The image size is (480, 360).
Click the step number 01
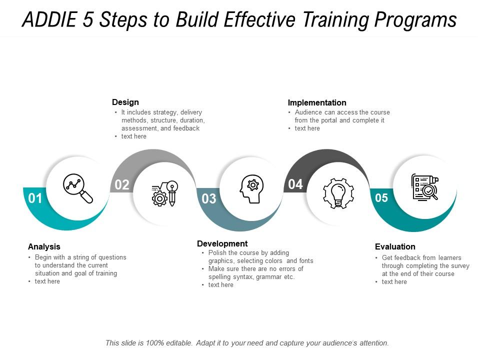tap(35, 198)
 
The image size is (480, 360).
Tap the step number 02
tap(122, 184)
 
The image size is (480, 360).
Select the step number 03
tap(209, 198)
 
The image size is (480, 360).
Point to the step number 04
tap(295, 184)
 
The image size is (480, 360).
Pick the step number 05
tap(381, 198)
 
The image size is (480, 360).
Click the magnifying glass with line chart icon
tap(78, 188)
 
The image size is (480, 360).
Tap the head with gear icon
tap(251, 189)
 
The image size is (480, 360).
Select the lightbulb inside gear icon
tap(338, 193)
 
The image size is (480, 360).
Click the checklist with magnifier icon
tap(425, 187)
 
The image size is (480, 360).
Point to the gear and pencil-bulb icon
tap(164, 193)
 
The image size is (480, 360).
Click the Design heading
tap(125, 102)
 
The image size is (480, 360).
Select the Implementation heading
tap(317, 102)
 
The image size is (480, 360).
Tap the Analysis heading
tap(44, 246)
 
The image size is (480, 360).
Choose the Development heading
tap(222, 243)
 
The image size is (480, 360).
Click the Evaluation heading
tap(395, 246)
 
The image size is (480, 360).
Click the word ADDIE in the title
tap(49, 19)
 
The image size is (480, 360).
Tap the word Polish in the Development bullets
tap(217, 253)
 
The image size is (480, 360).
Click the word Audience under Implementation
tap(308, 112)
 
